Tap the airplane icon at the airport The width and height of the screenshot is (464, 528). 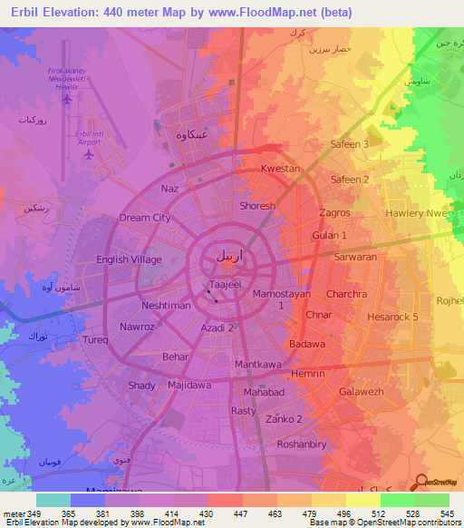click(x=89, y=152)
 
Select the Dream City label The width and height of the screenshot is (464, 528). click(x=145, y=218)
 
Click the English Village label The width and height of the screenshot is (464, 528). click(x=130, y=259)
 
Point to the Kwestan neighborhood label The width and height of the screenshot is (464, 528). click(x=280, y=169)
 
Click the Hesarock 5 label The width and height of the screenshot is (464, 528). click(x=392, y=317)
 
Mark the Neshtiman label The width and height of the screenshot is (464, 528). click(x=166, y=307)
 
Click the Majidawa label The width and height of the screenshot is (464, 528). click(x=189, y=386)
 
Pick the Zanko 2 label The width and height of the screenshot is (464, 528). click(x=286, y=418)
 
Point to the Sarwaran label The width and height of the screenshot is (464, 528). click(x=355, y=257)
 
